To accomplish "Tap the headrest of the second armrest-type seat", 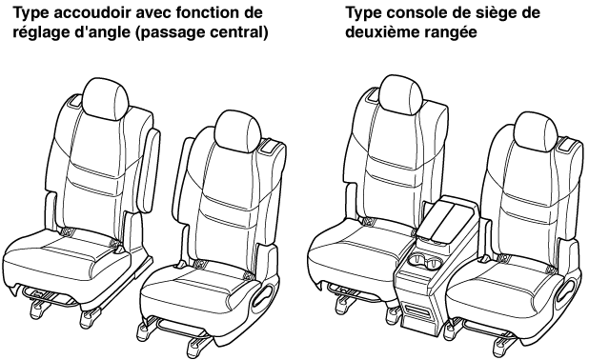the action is [x=237, y=131].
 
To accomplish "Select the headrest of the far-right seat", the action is [x=536, y=131].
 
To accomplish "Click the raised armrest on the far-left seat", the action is [x=149, y=170].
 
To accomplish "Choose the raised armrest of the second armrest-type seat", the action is [x=179, y=180].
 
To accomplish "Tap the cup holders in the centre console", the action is [x=425, y=262].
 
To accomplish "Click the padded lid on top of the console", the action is [x=445, y=219].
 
